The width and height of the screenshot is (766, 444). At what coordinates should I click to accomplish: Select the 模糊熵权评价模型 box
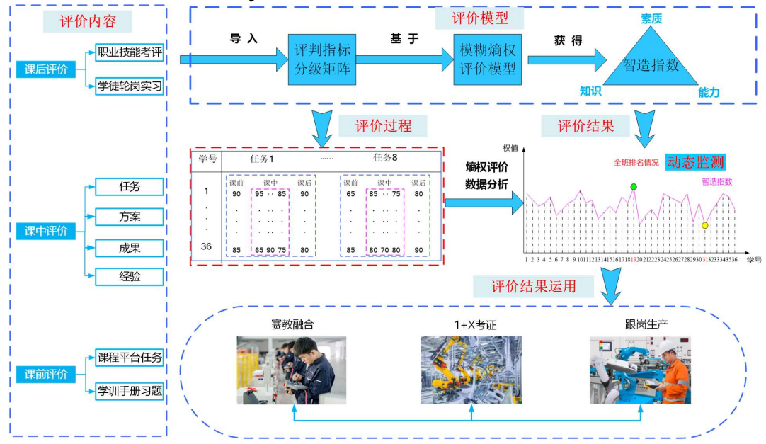(x=488, y=59)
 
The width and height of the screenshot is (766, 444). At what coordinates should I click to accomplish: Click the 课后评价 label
(x=46, y=69)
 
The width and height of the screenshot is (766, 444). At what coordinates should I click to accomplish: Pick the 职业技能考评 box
(x=130, y=52)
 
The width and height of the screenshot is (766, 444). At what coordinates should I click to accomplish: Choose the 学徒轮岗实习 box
(x=130, y=86)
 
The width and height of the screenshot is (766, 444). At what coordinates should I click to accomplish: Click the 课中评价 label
(x=46, y=231)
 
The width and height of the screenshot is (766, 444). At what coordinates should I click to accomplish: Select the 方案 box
(x=130, y=217)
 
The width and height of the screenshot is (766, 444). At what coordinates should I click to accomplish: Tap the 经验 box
(x=130, y=276)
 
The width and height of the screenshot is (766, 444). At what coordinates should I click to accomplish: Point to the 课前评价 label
(x=46, y=374)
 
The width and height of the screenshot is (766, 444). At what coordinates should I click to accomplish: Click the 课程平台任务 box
(x=130, y=358)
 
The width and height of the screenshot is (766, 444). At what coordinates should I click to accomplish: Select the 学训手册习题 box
(x=130, y=390)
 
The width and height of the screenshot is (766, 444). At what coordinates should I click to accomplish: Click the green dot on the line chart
(x=634, y=187)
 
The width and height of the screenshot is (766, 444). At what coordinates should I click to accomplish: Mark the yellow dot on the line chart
(x=705, y=225)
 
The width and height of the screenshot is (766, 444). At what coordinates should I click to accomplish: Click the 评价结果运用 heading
(x=533, y=287)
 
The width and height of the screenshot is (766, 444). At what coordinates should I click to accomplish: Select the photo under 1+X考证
(x=471, y=370)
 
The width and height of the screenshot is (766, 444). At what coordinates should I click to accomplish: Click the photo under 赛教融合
(x=292, y=370)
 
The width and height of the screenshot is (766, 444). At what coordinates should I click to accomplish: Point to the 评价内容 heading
(x=87, y=21)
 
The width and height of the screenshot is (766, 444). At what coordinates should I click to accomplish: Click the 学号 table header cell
(x=207, y=159)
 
